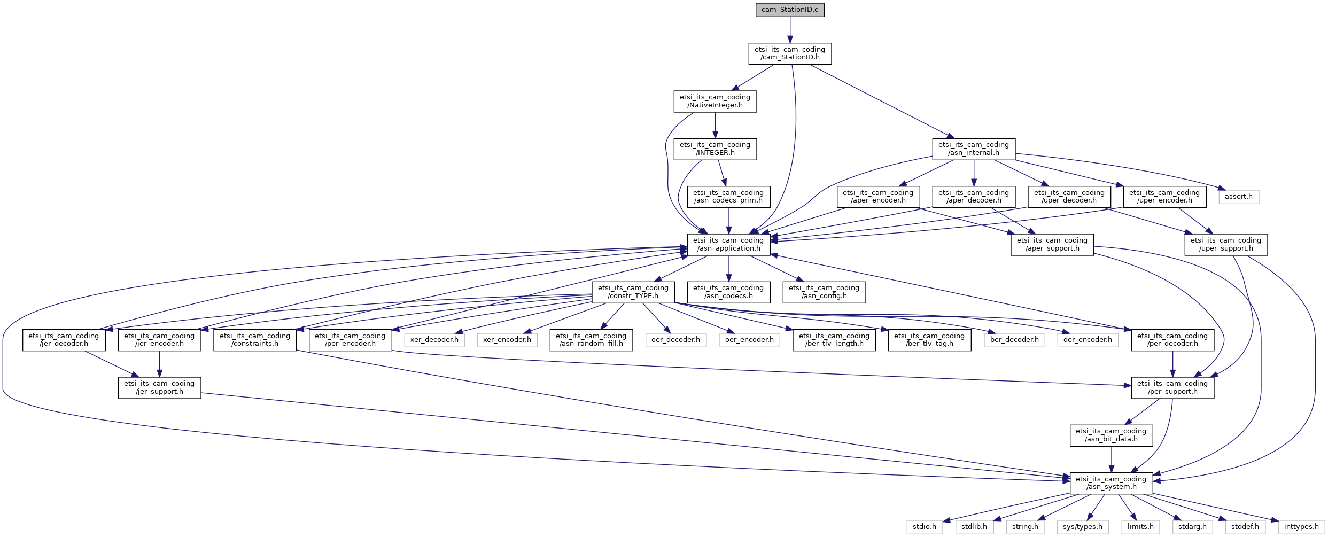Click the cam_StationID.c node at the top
[790, 10]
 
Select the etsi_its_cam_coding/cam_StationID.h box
[790, 53]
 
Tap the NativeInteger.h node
[715, 101]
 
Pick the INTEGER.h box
[715, 149]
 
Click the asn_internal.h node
[974, 149]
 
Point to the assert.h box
[1239, 197]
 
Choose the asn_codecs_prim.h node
[728, 197]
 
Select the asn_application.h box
[728, 244]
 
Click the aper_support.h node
[1052, 244]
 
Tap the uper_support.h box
[1226, 244]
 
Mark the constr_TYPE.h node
[633, 292]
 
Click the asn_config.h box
[824, 292]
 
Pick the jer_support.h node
[159, 387]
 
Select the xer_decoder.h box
[434, 340]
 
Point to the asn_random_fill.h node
[591, 340]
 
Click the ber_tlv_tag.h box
[929, 340]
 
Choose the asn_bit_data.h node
[1112, 435]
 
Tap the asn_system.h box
[1112, 483]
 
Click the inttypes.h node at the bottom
[1301, 527]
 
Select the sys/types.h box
[1083, 527]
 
